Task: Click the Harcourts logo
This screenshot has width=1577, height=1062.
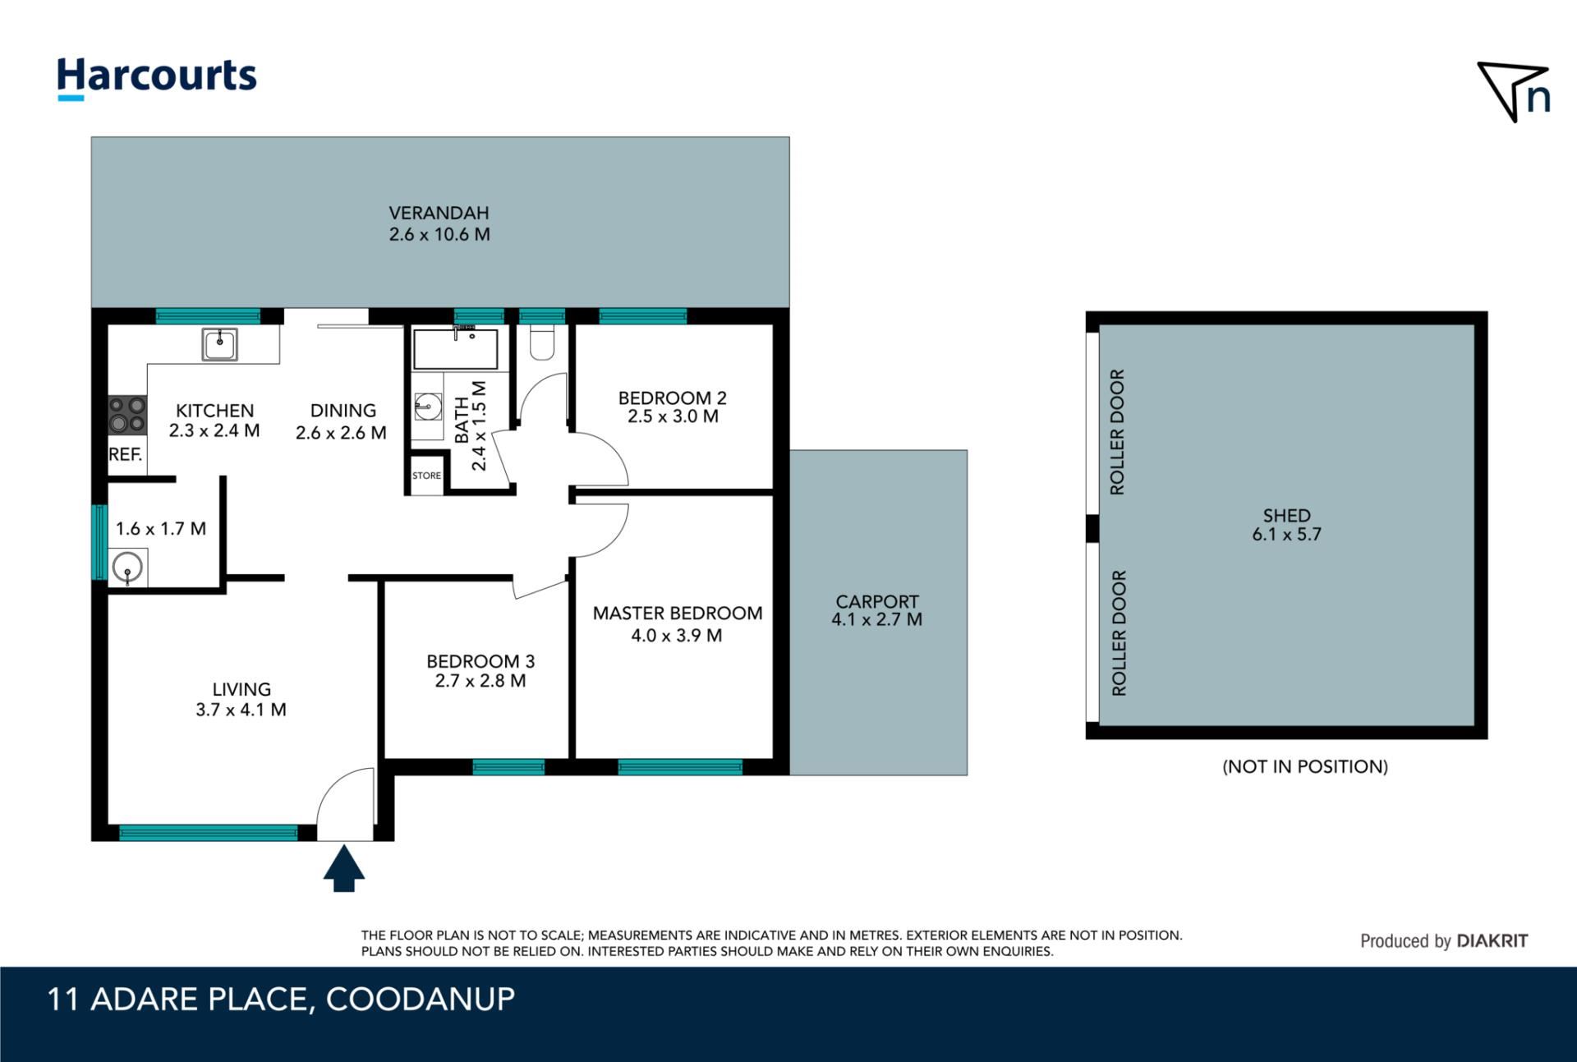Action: pos(156,79)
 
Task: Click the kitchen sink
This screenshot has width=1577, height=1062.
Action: pos(219,344)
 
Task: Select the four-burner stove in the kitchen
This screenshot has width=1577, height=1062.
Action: pos(127,414)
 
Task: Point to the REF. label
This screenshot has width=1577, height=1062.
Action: pos(126,454)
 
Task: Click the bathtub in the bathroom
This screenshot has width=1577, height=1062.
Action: pos(455,349)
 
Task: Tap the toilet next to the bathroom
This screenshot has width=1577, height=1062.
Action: pos(542,343)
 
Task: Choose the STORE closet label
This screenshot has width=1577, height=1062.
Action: pos(426,476)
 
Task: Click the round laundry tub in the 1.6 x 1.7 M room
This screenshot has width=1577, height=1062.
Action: pos(127,568)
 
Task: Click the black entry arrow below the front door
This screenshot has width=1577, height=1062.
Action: pos(343,869)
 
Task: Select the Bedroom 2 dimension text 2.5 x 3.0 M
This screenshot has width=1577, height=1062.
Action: pos(673,416)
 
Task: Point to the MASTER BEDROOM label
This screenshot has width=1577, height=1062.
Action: pos(678,613)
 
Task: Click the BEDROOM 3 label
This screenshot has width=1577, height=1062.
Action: pos(480,661)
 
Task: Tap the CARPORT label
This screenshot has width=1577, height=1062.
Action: pos(877,601)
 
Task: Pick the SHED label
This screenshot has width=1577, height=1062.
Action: pos(1286,516)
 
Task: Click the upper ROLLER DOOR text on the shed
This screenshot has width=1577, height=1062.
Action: pos(1117,432)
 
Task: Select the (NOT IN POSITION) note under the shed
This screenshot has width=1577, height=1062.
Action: pos(1305,766)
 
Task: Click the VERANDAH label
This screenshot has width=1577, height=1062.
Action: pos(439,213)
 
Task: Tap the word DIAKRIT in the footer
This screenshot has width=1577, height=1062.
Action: pos(1492,941)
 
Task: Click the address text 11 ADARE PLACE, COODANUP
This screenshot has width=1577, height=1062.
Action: pos(281,1000)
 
